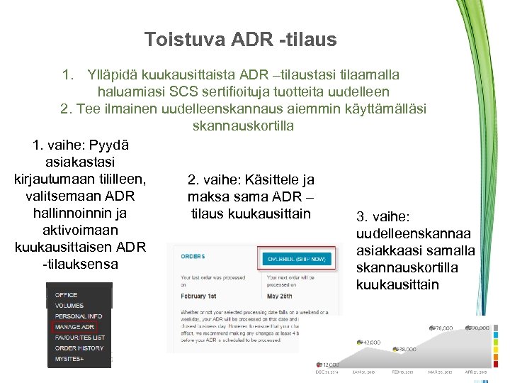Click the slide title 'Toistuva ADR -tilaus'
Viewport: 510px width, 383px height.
240,40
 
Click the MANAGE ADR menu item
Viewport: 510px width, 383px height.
74,327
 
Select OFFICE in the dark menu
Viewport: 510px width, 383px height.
67,295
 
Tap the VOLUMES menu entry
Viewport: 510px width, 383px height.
69,306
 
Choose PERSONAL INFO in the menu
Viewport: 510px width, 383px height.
79,316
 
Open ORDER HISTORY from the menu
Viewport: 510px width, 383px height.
79,348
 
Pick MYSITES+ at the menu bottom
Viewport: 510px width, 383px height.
69,359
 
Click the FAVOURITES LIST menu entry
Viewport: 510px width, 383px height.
80,338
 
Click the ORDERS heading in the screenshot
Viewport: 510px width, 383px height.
193,256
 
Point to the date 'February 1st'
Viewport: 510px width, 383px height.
203,296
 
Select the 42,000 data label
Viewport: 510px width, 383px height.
369,342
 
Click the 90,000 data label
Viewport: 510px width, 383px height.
479,328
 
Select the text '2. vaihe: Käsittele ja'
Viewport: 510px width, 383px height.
251,180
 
